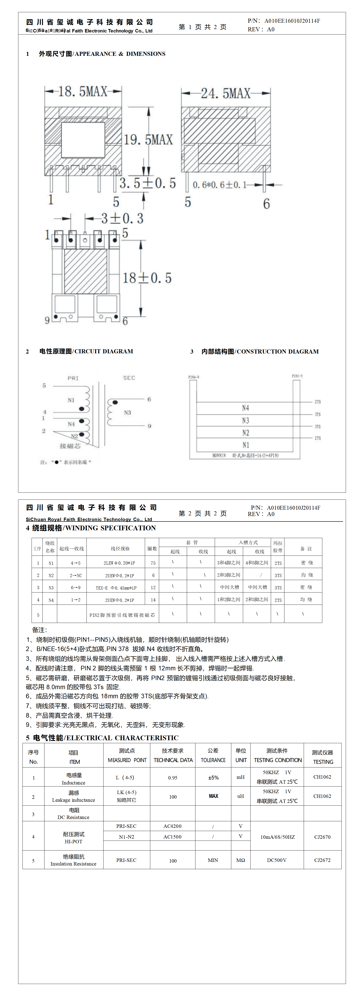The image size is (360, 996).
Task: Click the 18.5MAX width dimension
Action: coord(83,92)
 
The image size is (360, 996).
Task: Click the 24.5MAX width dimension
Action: coord(226,93)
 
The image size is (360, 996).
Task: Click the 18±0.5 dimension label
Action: coord(147,278)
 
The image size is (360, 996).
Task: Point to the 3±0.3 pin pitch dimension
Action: coord(122,219)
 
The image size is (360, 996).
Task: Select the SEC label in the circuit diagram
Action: coord(129,378)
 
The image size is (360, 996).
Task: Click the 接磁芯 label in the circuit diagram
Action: coord(70,446)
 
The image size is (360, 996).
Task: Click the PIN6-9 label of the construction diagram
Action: coord(194,377)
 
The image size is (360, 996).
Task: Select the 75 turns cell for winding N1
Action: coord(153,563)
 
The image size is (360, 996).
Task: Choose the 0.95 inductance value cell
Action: coord(173,777)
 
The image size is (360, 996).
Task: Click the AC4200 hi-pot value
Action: coord(173,826)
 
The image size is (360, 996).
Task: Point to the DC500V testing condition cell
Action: coord(277,860)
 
